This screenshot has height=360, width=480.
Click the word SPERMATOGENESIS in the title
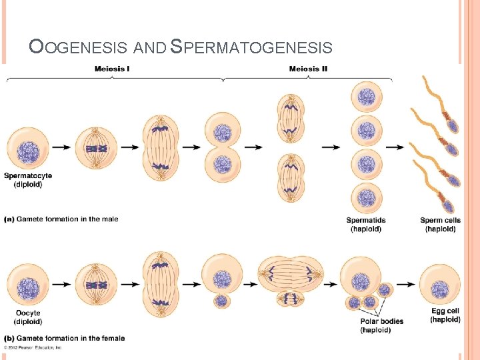pos(251,47)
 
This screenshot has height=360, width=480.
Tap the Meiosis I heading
pos(112,69)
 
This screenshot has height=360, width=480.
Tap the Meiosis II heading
pos(308,69)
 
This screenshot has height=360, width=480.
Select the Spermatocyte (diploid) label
pos(28,180)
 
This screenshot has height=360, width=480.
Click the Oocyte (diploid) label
pos(27,317)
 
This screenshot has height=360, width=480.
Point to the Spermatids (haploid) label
pos(366,224)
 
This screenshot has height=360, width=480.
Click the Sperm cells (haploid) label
pos(440,224)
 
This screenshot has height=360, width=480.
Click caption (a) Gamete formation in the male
pos(61,219)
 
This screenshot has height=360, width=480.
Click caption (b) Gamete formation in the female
pos(65,338)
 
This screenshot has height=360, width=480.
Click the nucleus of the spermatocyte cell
pos(27,148)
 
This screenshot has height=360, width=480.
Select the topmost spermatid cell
pos(366,97)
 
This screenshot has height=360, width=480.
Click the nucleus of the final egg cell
pos(440,289)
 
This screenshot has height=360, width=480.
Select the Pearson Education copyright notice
pos(33,347)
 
